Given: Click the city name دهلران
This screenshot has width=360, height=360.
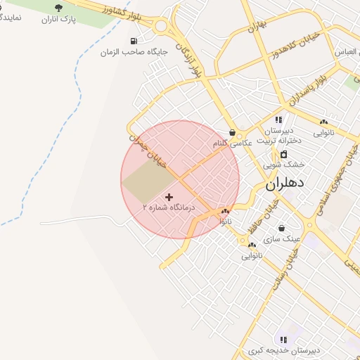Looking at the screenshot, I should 285,184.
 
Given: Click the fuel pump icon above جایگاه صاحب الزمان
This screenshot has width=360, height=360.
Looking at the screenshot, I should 134,41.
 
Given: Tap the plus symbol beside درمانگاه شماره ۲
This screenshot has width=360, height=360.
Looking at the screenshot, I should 168,197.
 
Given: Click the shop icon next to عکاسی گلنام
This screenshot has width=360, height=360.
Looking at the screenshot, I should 233,132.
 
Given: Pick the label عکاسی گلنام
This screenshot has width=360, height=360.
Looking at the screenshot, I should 232,143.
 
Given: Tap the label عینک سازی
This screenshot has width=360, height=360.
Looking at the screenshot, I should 282,239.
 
